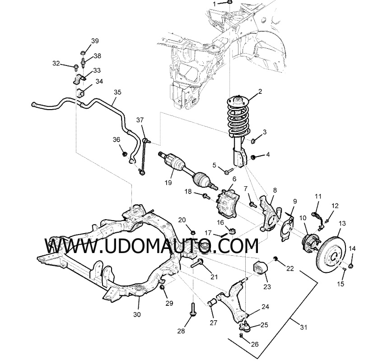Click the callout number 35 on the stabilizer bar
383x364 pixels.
[x=117, y=92]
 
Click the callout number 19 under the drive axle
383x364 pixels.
[x=168, y=183]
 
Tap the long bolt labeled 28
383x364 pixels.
[x=193, y=310]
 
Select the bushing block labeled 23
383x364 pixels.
[x=261, y=268]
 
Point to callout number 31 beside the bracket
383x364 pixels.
[x=304, y=327]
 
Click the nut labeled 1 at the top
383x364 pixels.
[x=229, y=2]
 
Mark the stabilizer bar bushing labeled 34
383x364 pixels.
[x=80, y=93]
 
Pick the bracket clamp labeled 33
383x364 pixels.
[x=79, y=78]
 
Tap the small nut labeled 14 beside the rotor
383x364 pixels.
[x=351, y=265]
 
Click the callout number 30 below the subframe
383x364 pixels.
[x=137, y=314]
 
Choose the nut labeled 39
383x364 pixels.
[x=83, y=53]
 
